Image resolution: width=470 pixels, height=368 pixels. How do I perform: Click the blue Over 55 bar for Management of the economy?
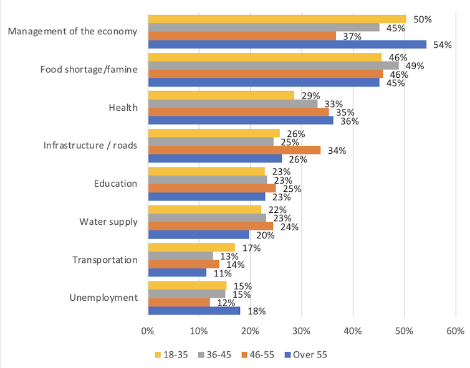point(287,44)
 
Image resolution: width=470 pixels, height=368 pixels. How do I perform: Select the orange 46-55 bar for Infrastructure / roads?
point(234,150)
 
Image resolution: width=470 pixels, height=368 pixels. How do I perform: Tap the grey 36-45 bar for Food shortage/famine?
point(273,65)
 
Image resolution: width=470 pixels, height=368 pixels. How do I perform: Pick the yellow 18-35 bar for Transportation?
point(191,247)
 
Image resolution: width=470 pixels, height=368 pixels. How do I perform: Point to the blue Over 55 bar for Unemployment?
point(194,311)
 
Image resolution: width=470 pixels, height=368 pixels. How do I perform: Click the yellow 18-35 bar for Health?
point(221,95)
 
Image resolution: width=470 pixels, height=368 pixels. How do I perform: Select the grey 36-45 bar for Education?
point(207,179)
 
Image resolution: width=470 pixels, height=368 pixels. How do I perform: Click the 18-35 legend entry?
point(172,355)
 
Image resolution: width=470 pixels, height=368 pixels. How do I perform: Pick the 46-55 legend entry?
point(257,355)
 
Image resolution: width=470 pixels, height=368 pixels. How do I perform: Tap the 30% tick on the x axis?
point(301,330)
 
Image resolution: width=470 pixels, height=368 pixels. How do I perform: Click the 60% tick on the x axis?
point(455,330)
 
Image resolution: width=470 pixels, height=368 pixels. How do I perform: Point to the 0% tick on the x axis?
point(148,330)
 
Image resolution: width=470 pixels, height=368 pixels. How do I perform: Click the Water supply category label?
point(108,222)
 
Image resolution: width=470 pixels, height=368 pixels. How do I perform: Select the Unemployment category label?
point(103,298)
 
